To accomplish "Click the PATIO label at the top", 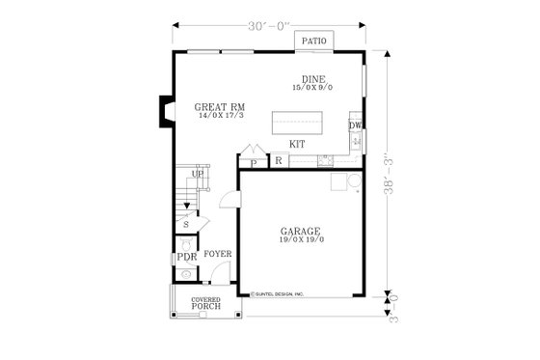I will tap(312, 41).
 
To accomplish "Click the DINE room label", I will tap(311, 79).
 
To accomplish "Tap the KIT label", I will tap(297, 144).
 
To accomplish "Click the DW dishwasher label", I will tap(355, 125).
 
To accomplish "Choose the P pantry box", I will tap(254, 163).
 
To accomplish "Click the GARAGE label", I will tap(300, 232).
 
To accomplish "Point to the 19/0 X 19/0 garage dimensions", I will tap(300, 241).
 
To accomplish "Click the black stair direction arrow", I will tap(188, 206).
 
